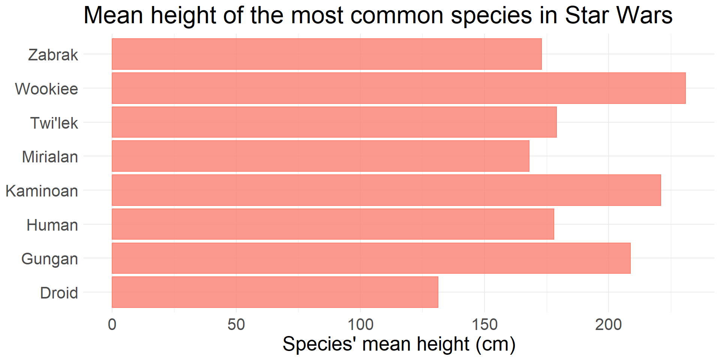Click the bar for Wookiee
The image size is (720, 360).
tap(399, 88)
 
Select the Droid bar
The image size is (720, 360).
tap(275, 292)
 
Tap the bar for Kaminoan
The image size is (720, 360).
tap(386, 190)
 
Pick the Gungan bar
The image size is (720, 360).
tap(371, 258)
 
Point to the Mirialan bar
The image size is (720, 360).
tap(321, 156)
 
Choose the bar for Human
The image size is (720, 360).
tap(333, 224)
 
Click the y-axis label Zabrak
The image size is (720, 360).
tap(53, 55)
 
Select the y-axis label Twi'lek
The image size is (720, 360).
tap(54, 123)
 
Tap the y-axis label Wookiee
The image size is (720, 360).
tap(46, 89)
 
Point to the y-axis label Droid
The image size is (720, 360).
tap(59, 293)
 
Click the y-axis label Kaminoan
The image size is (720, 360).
tap(42, 191)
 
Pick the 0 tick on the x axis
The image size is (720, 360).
tap(112, 325)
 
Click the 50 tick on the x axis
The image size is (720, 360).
tap(236, 325)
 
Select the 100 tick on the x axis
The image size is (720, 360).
tap(360, 325)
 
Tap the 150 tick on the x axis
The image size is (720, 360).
tap(484, 325)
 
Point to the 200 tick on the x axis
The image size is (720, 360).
tap(608, 325)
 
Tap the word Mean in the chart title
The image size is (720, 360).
tap(113, 16)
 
